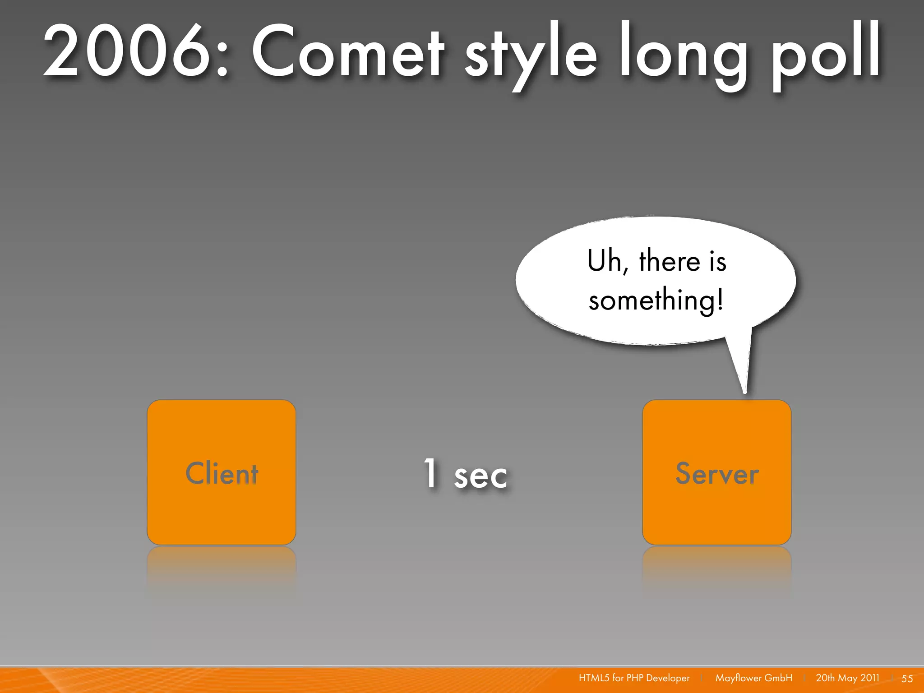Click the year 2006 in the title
(126, 52)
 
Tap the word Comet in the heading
(347, 52)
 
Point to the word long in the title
(681, 54)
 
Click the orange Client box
(221, 472)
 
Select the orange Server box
(716, 472)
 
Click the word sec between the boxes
(480, 476)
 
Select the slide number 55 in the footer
(907, 679)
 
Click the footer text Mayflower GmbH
(753, 678)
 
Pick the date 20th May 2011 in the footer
(847, 678)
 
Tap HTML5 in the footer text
(594, 678)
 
